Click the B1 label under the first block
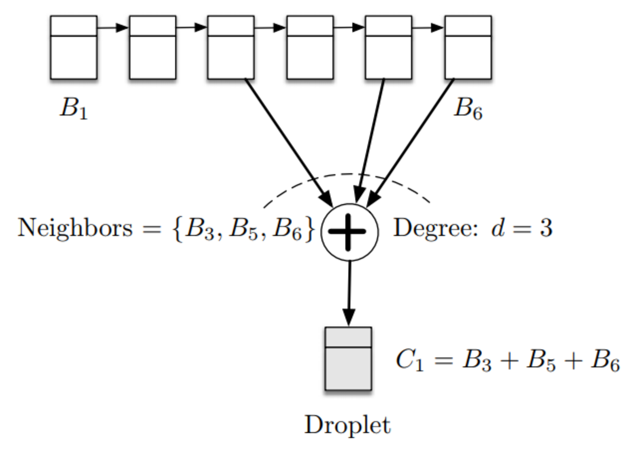pos(74,108)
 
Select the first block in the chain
pos(74,47)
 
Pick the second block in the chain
pos(152,47)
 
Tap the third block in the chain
pos(231,47)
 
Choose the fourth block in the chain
pos(310,47)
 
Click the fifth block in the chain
pos(388,47)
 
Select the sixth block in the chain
pos(467,47)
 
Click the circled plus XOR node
pos(349,232)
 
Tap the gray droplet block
pos(348,359)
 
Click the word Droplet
pos(348,425)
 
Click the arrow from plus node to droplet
pos(349,293)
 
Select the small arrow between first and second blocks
pos(113,28)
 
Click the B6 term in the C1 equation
pos(605,362)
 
